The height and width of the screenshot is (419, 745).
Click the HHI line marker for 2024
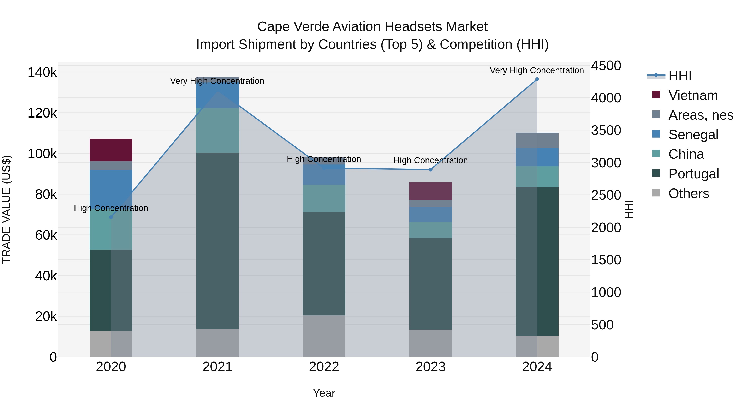[x=537, y=79]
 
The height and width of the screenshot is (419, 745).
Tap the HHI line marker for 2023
[x=430, y=170]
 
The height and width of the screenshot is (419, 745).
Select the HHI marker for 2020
[x=111, y=217]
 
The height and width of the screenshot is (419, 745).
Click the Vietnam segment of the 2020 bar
[x=111, y=150]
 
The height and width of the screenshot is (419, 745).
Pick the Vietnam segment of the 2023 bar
[x=430, y=191]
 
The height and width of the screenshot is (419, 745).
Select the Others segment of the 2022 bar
[x=324, y=336]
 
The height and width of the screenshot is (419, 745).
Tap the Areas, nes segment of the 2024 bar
[x=537, y=140]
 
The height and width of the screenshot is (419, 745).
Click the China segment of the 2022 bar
[x=324, y=198]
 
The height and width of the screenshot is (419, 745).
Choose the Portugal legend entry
[x=693, y=174]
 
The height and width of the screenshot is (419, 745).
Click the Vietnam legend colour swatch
[x=656, y=95]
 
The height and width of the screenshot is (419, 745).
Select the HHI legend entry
[x=680, y=76]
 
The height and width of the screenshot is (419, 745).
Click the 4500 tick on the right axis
[x=606, y=66]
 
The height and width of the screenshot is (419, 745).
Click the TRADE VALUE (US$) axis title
[x=6, y=209]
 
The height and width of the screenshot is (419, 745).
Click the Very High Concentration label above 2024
[x=537, y=71]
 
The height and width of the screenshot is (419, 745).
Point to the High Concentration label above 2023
[x=430, y=161]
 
